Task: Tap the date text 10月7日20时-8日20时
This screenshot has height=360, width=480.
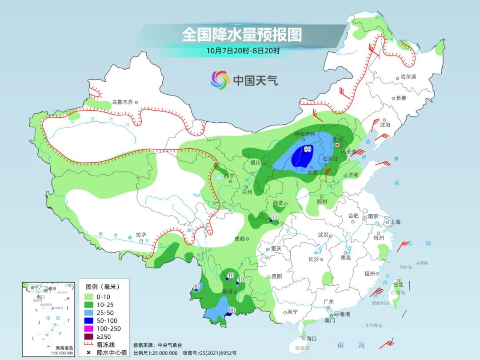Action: click(x=243, y=51)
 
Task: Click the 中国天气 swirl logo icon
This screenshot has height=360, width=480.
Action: click(x=220, y=80)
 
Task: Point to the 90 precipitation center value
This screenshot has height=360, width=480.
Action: click(x=307, y=149)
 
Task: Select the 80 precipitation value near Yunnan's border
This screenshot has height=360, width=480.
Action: click(x=232, y=310)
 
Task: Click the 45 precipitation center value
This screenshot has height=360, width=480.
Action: click(x=274, y=217)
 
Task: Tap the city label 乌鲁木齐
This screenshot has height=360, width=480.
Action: click(x=122, y=102)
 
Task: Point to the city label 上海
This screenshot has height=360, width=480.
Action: click(x=395, y=222)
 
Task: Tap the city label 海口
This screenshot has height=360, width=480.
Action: click(x=312, y=338)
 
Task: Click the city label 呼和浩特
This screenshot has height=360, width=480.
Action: click(x=304, y=134)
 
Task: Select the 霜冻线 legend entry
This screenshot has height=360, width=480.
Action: click(x=100, y=344)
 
